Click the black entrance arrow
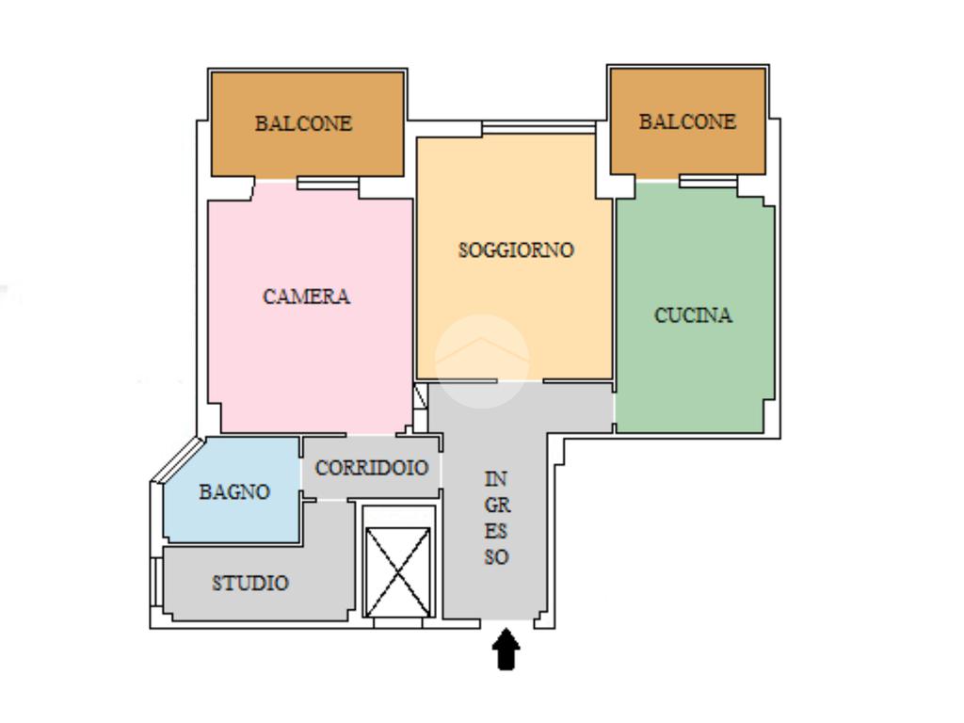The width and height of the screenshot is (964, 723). click(506, 649)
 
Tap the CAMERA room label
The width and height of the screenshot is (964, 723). click(306, 297)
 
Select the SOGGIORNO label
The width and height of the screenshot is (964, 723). click(517, 249)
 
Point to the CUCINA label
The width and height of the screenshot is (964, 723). click(693, 315)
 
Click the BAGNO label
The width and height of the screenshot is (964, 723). click(234, 491)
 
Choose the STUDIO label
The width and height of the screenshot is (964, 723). click(250, 583)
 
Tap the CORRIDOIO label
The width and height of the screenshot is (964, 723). click(371, 468)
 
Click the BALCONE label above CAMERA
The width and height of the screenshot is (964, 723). click(304, 123)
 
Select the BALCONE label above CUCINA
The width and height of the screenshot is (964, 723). click(687, 121)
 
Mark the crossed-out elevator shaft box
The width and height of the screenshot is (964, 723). click(398, 571)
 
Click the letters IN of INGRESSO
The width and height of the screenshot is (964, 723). click(495, 478)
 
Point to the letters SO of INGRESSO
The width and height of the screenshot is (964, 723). click(496, 557)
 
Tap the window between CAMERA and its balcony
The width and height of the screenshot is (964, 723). click(328, 184)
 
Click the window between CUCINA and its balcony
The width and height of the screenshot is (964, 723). click(708, 181)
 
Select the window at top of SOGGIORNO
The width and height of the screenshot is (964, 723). click(538, 128)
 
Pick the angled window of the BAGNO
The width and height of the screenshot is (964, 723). click(177, 458)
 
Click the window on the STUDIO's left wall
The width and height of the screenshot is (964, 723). click(156, 583)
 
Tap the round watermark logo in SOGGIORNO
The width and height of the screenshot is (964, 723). click(482, 361)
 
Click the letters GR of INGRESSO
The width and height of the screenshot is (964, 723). click(497, 505)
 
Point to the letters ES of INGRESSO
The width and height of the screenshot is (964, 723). click(495, 531)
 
